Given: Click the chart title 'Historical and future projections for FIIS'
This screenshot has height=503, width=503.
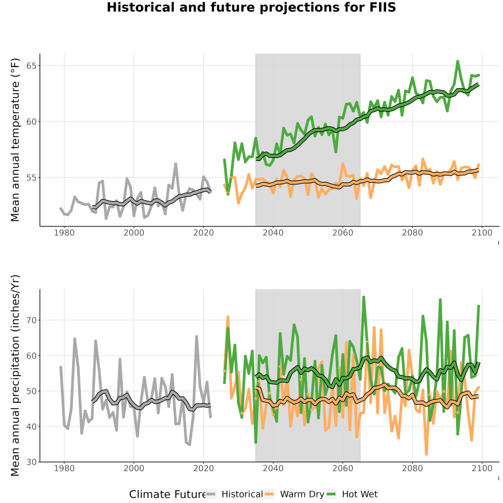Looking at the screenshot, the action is click(251, 7).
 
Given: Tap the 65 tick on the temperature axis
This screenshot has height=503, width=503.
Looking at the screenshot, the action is click(31, 66).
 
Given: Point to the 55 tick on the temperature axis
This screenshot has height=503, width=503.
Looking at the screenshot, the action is click(31, 177).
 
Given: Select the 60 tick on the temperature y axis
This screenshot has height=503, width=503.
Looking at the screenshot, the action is click(31, 122).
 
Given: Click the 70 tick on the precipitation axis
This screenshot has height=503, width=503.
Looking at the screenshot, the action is click(31, 320).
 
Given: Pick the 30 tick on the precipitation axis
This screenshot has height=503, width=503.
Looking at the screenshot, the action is click(31, 462).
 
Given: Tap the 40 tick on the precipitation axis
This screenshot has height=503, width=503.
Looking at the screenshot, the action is click(31, 426).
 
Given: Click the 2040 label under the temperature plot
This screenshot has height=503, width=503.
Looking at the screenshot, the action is click(273, 232).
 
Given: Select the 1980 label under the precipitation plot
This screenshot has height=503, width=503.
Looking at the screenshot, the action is click(64, 468).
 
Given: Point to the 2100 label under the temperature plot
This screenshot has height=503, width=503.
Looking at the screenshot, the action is click(482, 232).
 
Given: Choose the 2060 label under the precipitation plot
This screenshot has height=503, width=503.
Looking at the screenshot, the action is click(343, 468).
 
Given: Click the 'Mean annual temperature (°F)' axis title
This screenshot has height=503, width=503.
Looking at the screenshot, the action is click(15, 140).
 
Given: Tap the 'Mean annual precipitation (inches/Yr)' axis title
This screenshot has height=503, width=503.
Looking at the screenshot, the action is click(15, 376).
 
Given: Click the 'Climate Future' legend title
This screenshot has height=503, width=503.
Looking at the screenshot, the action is click(168, 495).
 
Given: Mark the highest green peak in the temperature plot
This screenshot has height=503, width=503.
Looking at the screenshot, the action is click(457, 61).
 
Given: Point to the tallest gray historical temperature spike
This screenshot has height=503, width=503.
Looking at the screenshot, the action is click(175, 164).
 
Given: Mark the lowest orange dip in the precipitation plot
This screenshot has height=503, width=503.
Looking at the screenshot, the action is click(426, 454).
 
